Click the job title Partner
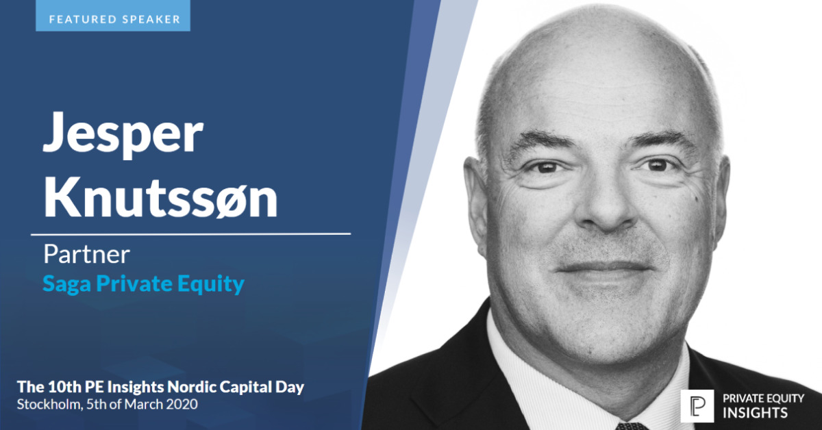86,255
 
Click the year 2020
183,405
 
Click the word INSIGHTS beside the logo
751,413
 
